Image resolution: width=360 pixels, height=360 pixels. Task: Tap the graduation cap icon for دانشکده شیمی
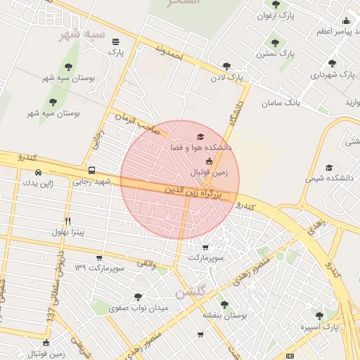[x=330, y=167]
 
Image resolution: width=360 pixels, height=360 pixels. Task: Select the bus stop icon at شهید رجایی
[x=92, y=171]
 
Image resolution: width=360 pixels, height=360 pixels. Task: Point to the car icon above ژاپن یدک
[x=38, y=172]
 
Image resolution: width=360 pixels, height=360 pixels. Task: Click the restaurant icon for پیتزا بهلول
[x=68, y=221]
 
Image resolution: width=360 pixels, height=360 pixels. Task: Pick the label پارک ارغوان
[x=276, y=14]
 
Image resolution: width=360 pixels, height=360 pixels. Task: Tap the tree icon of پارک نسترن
[x=275, y=43]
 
